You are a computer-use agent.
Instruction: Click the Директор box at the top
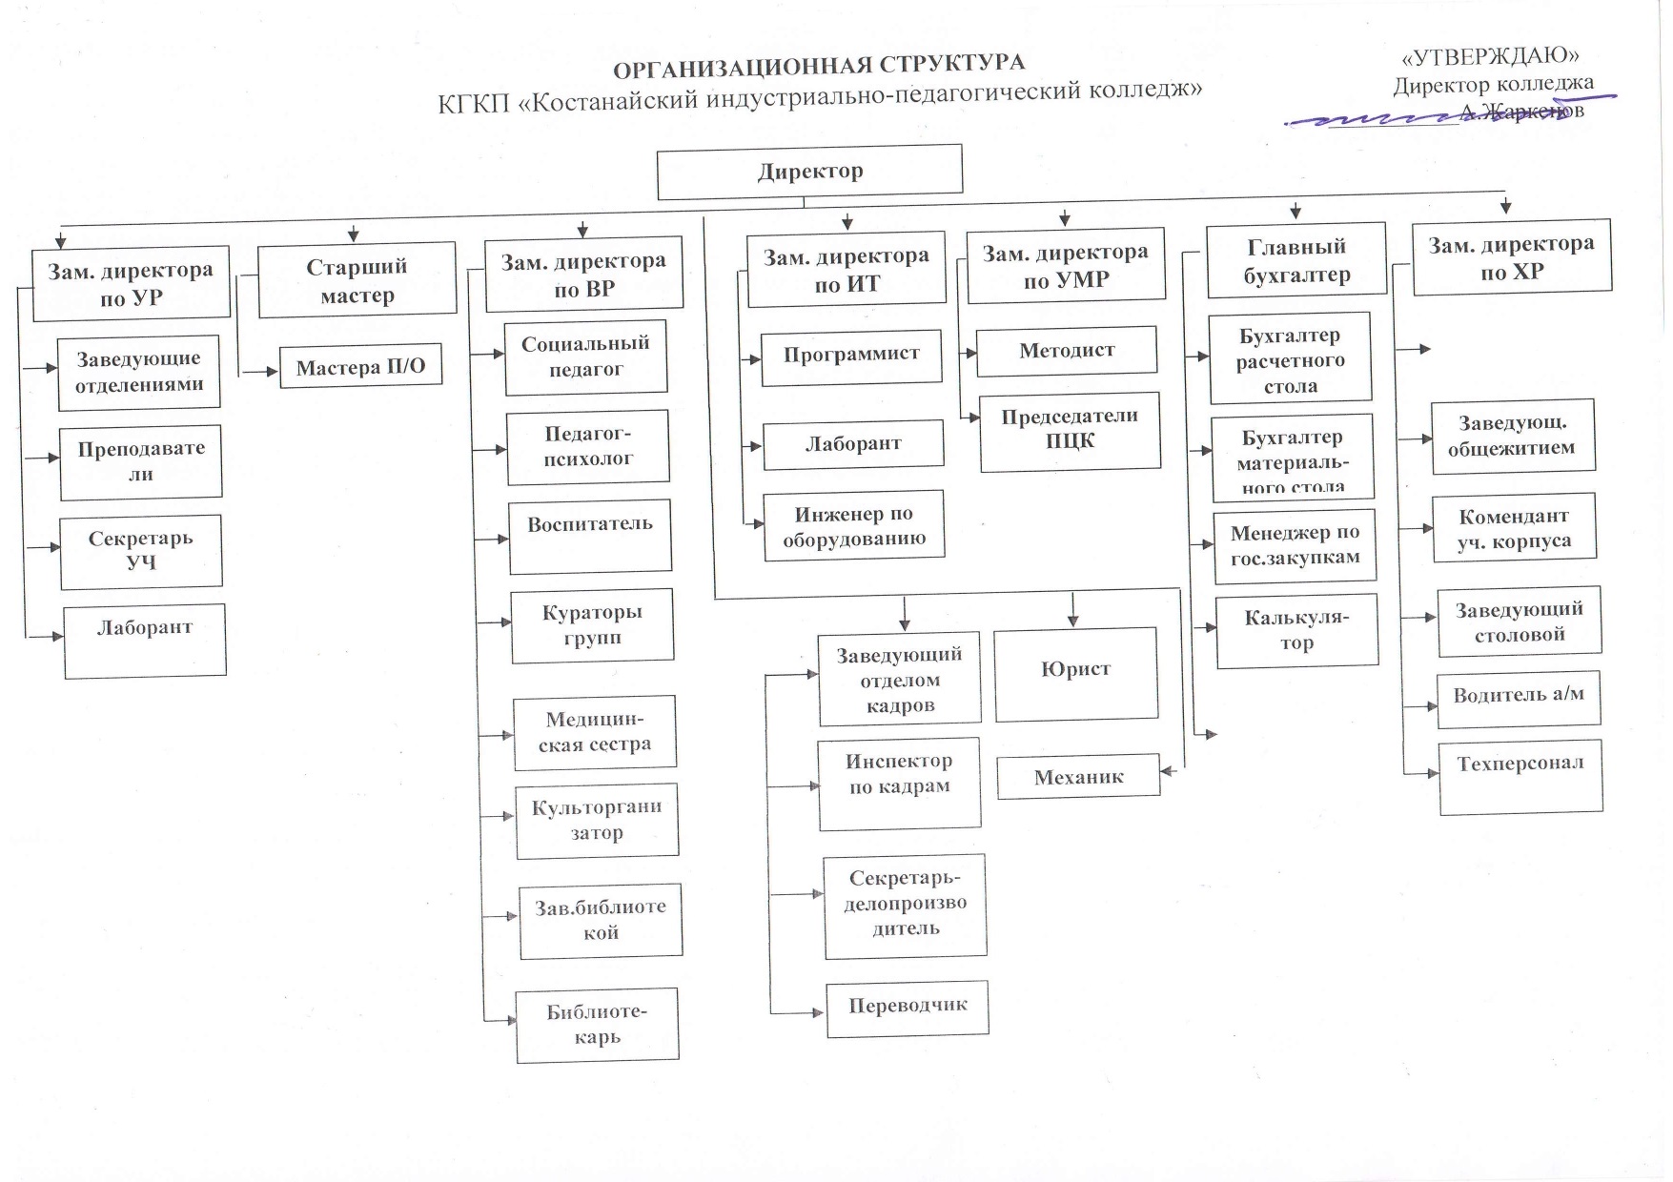click(809, 173)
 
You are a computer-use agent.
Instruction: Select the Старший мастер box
click(357, 280)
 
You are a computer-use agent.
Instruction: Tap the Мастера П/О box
click(360, 367)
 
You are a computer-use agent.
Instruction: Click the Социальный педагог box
click(585, 357)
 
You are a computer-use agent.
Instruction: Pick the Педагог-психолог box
click(588, 446)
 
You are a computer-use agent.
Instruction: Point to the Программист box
click(851, 357)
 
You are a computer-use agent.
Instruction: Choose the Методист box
click(1067, 351)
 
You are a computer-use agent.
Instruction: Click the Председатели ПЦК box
click(1070, 431)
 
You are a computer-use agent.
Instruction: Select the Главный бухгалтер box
click(1296, 261)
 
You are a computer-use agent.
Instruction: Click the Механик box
click(1078, 778)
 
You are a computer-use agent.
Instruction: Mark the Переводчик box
click(907, 1008)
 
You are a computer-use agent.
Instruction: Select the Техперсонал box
click(1520, 776)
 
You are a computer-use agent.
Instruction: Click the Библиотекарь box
click(597, 1025)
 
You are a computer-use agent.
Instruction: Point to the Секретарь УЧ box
click(141, 551)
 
